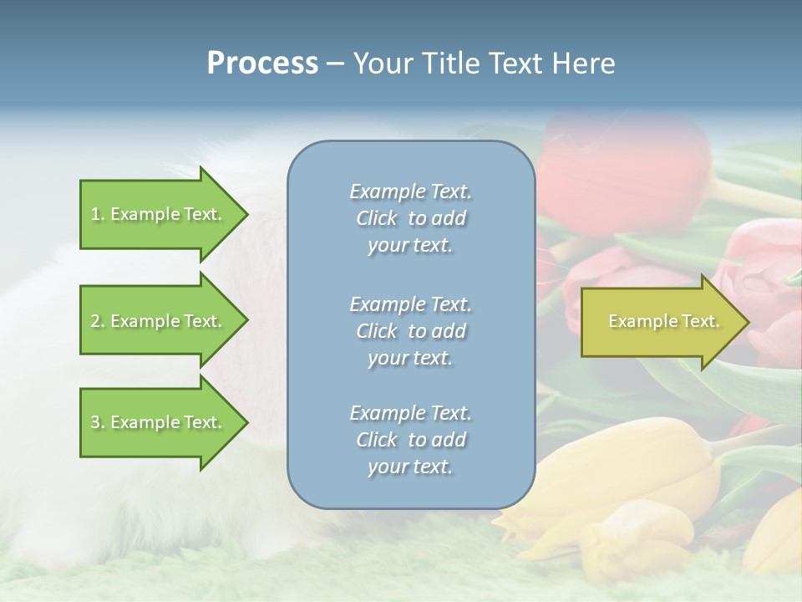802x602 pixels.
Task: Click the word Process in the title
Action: (x=262, y=64)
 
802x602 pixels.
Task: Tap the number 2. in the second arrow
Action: (x=98, y=321)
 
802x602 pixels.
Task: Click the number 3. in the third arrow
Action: (x=98, y=422)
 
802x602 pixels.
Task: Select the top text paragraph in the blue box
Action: (x=410, y=218)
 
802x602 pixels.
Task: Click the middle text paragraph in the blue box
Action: (x=410, y=330)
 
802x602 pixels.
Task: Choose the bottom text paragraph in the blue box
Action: (x=410, y=440)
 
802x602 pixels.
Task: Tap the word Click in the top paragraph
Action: (x=377, y=218)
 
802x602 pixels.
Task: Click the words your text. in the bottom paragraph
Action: (x=410, y=467)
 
